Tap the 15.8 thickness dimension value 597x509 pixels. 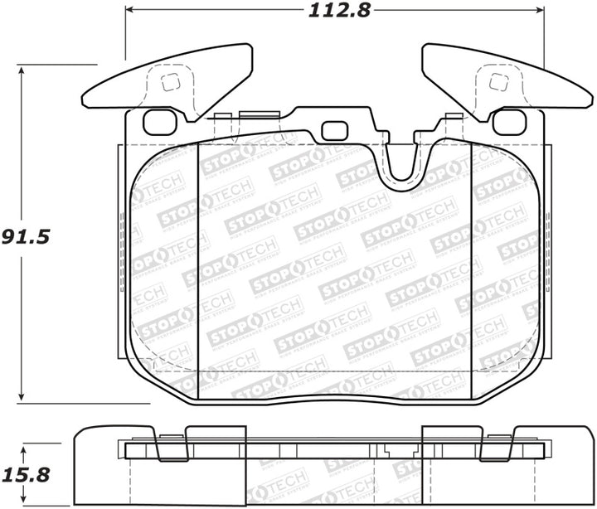click(x=27, y=475)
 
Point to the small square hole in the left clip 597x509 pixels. click(x=169, y=82)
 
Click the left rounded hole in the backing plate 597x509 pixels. click(x=155, y=122)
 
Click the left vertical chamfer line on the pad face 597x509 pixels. click(x=199, y=257)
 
